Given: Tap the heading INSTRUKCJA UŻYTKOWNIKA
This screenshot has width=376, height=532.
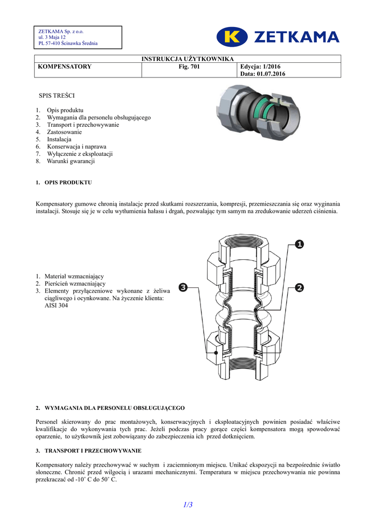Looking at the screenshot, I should pos(188,59).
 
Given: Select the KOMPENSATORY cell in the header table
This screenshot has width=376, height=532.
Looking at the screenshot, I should pos(65,66).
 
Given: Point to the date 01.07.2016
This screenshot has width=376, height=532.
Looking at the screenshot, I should pos(270,74).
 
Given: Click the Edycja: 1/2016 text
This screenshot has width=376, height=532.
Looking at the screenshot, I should pos(260,66).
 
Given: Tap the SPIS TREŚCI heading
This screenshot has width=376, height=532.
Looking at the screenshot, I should pos(57,96).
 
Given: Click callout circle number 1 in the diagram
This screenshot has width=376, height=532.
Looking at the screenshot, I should pos(300,244).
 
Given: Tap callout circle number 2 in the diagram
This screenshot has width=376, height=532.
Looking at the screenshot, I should pos(300,287).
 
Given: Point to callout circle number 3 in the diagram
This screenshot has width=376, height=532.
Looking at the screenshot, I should pos(183,287).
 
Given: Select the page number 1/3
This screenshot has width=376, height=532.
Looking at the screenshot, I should pos(187,504).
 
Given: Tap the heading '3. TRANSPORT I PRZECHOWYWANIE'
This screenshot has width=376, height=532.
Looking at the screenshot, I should pos(89,450).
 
